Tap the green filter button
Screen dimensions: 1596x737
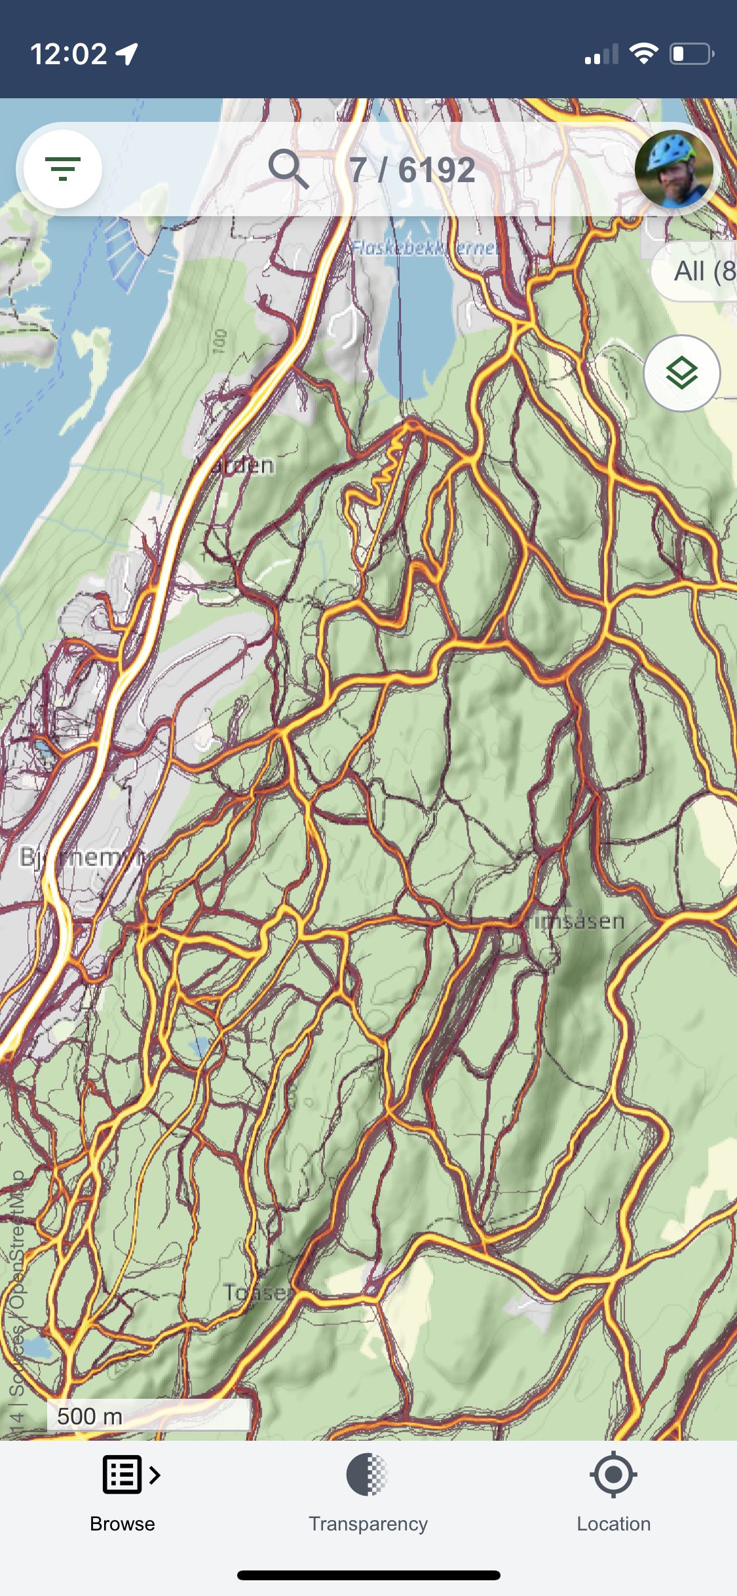pos(62,169)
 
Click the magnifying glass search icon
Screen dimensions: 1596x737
pos(288,169)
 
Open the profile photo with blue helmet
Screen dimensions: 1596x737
pos(673,169)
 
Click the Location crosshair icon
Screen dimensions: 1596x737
pos(613,1474)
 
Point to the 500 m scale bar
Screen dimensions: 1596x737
pos(148,1416)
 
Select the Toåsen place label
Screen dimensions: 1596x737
pos(258,1292)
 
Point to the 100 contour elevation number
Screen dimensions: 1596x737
pos(220,341)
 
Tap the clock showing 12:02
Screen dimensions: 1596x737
pos(69,54)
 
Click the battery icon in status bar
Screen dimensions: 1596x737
pos(691,54)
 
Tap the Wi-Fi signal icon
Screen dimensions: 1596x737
pos(643,54)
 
